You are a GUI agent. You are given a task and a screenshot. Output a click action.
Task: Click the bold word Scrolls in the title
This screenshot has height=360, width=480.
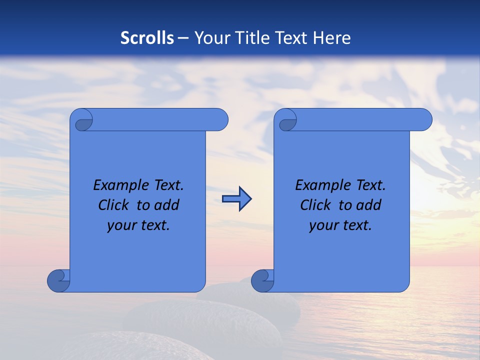[147, 38]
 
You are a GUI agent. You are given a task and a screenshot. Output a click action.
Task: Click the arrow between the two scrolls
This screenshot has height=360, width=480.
[236, 199]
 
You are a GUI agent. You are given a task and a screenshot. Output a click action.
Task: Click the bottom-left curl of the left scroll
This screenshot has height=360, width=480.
[58, 280]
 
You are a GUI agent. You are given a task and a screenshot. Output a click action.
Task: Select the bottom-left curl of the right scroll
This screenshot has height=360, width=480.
[262, 280]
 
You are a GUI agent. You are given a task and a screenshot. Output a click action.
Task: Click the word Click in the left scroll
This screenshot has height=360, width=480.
[113, 205]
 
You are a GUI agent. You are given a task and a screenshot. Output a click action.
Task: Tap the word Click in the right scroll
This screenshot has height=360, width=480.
[315, 205]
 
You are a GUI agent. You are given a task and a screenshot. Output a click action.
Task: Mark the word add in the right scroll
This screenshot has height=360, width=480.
[369, 205]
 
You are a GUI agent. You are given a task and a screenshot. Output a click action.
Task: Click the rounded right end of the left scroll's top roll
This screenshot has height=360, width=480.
[220, 120]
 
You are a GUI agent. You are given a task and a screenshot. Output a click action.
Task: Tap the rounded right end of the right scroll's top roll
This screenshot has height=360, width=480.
[423, 120]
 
